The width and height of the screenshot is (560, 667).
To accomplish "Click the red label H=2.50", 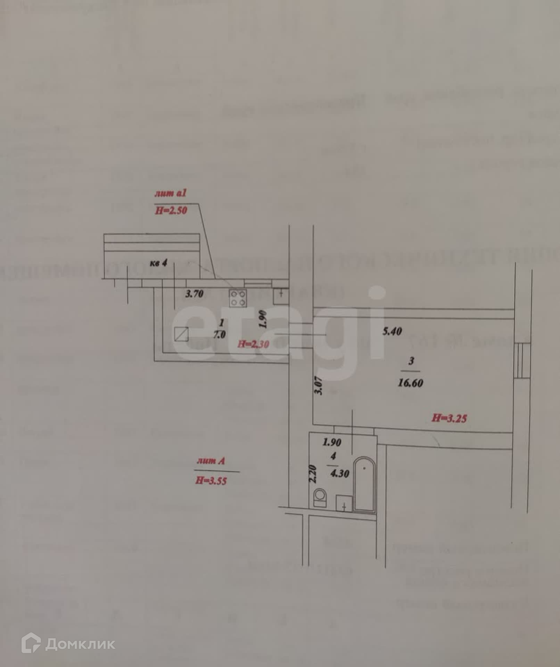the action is click(171, 210).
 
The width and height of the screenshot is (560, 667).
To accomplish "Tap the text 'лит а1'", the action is click(171, 193).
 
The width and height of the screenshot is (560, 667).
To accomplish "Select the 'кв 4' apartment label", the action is click(158, 263).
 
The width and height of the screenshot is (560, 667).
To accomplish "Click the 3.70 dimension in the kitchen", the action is click(194, 294).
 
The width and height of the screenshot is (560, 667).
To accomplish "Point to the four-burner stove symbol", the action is click(238, 298).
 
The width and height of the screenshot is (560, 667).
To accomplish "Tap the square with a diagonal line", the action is click(181, 334).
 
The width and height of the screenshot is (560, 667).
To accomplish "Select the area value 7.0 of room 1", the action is click(219, 335).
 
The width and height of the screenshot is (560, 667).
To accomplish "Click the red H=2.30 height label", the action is click(253, 344).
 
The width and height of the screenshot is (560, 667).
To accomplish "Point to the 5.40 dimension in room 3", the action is click(392, 331).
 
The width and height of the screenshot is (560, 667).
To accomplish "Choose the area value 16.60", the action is click(410, 383).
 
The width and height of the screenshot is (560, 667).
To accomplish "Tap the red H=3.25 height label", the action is click(449, 418).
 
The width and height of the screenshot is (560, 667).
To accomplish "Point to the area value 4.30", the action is click(340, 474).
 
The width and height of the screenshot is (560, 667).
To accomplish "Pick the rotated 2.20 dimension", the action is click(313, 474).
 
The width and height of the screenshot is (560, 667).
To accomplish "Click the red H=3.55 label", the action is click(211, 480).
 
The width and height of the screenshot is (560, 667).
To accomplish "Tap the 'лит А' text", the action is click(211, 461).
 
